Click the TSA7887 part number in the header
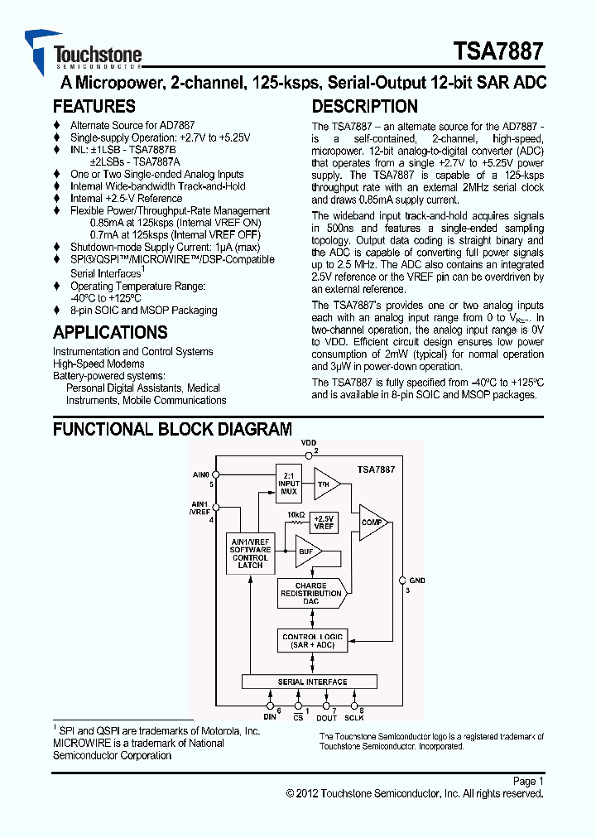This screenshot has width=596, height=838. click(498, 51)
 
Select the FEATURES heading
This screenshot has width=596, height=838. click(94, 107)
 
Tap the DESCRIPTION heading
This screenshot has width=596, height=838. click(364, 107)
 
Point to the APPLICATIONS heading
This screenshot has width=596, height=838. click(110, 333)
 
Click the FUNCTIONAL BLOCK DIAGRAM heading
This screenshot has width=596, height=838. click(172, 430)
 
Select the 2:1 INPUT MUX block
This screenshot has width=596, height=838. click(289, 484)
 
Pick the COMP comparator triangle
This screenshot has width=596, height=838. click(372, 523)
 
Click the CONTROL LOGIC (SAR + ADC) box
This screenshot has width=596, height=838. click(312, 641)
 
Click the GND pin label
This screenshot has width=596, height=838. click(416, 581)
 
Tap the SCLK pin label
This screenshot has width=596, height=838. click(353, 718)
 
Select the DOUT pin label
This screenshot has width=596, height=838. click(328, 718)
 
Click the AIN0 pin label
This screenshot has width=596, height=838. click(201, 475)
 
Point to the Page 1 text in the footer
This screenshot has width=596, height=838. click(527, 781)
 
